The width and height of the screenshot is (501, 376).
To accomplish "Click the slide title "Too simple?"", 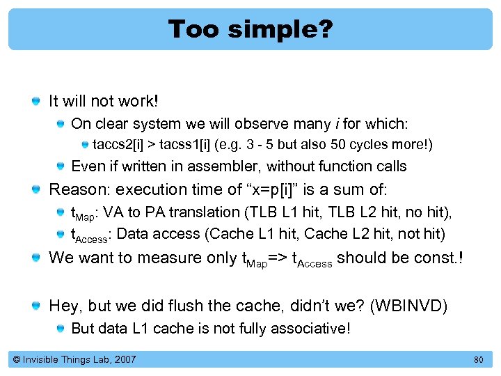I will [250, 29].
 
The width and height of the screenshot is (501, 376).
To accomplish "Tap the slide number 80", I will [478, 359].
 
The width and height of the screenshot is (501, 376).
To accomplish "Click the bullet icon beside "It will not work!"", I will [36, 102].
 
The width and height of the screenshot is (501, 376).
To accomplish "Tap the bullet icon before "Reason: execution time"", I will [36, 189].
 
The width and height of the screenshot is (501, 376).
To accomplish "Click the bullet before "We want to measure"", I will [36, 258].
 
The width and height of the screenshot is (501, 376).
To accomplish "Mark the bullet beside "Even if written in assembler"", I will [61, 166].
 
